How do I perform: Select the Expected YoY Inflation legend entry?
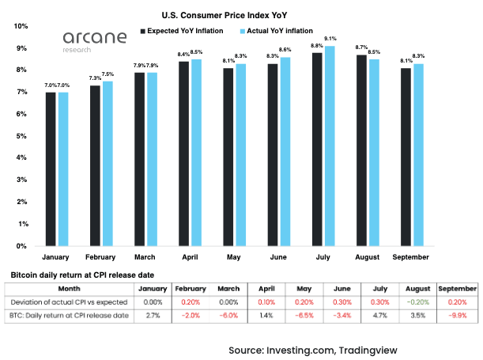tap(187, 31)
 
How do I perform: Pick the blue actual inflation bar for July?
tap(330, 146)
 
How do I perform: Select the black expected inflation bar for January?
tap(51, 169)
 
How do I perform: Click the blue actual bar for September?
tap(419, 155)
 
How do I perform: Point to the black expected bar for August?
tap(361, 150)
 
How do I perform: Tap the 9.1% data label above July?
tap(330, 39)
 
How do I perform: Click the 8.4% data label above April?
tap(183, 55)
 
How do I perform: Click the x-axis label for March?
tap(145, 258)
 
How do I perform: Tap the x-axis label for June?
tap(277, 258)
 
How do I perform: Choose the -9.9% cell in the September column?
tap(456, 316)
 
